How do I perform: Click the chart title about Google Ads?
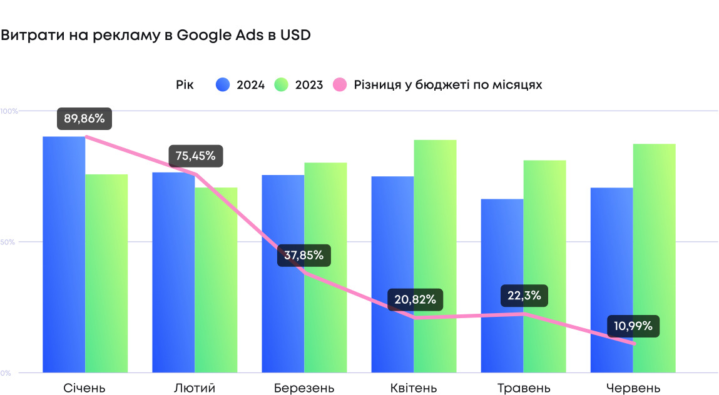coord(156,36)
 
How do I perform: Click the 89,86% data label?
coord(84,118)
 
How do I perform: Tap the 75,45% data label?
coord(196,156)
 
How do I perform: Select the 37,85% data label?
coord(303,255)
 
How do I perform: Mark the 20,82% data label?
coord(416,299)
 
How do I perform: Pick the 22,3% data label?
coord(524,296)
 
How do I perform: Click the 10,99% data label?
coord(633,326)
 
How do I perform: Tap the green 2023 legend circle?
coord(282,84)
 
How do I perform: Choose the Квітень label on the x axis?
coord(413,388)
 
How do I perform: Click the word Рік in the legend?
coord(185,84)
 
